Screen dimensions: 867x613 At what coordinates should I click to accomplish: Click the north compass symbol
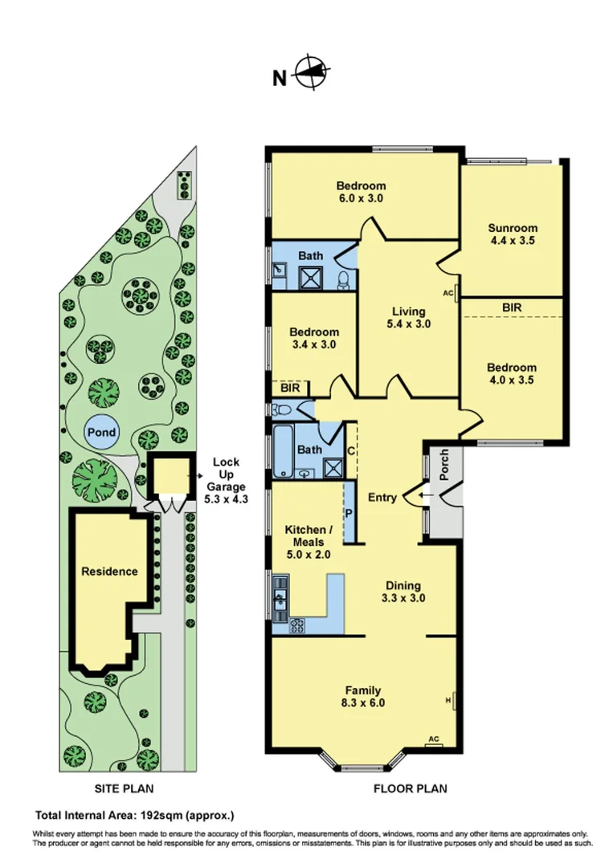coord(311,74)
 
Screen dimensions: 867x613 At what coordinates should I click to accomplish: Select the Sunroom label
coord(513,228)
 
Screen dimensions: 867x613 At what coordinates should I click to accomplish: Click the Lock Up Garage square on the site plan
coord(171,478)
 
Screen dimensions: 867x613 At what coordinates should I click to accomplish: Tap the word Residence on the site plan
coord(108,572)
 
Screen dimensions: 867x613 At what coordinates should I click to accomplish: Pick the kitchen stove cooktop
coord(297,625)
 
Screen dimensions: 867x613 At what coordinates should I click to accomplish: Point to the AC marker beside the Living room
coord(449,292)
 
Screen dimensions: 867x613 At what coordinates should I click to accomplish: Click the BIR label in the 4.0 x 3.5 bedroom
coord(511,307)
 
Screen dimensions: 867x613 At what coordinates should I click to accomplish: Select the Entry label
coord(382,498)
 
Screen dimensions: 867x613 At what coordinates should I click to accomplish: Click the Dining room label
coord(402,586)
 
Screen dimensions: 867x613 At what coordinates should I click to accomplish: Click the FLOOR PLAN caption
coord(410,788)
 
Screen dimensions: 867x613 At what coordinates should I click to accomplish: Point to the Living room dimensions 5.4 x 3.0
coord(407,325)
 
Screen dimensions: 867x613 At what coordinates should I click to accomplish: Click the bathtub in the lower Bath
coord(283,454)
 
